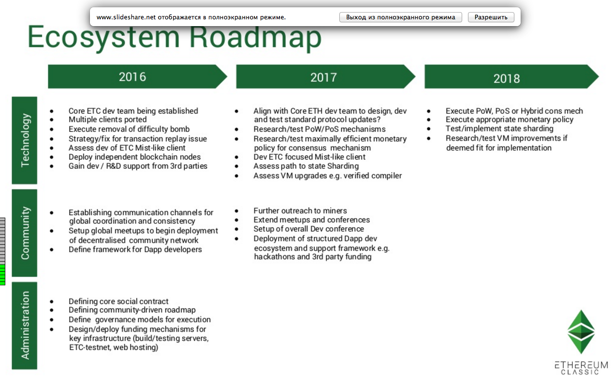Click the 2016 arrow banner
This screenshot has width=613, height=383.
137,76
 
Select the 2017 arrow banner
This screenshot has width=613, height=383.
326,76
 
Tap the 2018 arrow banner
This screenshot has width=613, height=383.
512,76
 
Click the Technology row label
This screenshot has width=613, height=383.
24,140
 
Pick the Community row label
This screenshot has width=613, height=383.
24,233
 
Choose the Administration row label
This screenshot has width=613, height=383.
24,325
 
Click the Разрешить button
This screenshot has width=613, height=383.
491,17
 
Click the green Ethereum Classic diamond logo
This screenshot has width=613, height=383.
581,332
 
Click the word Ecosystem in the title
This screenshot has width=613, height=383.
103,38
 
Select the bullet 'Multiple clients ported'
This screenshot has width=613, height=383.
107,119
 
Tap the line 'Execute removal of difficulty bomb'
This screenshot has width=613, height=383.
129,129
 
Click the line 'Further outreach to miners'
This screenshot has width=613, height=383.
300,210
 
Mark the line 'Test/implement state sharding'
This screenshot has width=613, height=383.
499,129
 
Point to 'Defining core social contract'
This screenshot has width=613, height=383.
118,301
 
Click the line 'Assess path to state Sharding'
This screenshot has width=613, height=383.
306,166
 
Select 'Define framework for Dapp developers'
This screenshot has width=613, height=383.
135,250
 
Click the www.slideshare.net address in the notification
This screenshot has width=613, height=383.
126,17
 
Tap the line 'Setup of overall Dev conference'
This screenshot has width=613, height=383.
309,229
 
